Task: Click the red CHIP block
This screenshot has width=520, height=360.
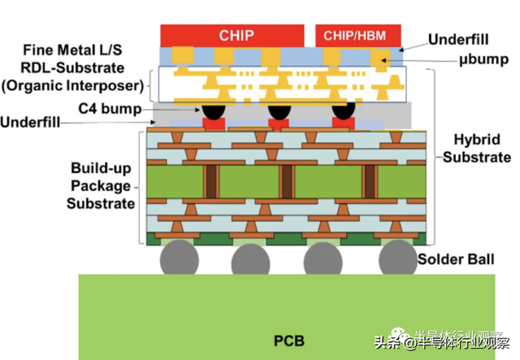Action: coord(236,35)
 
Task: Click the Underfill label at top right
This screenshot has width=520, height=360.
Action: coord(458,39)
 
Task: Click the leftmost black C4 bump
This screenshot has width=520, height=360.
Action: coord(214,111)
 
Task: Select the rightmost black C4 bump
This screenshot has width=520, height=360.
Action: coord(344,111)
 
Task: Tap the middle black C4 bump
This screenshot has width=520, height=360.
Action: coord(279,111)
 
